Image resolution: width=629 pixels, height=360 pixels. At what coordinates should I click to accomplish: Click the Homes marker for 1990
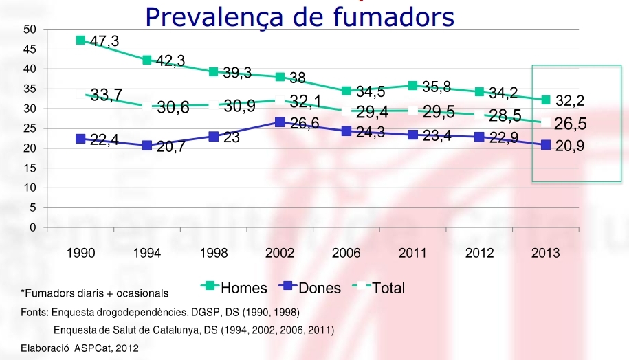pos(80,40)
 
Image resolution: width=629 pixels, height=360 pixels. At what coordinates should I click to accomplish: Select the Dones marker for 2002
pos(280,122)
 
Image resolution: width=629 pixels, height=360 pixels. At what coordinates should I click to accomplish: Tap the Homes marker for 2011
pos(413,86)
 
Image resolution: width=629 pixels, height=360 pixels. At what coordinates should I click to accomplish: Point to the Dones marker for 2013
pos(546,145)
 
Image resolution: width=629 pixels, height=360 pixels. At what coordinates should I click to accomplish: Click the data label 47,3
pos(104,42)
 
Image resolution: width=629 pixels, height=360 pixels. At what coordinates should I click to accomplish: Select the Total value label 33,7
pos(107,95)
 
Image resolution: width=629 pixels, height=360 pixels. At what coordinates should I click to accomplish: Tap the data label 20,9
pos(570,146)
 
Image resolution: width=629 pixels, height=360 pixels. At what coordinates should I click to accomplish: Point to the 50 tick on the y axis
pos(29,30)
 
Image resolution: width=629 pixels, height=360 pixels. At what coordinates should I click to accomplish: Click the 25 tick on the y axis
pos(29,128)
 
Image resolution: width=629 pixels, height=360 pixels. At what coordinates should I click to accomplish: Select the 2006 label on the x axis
pos(346,254)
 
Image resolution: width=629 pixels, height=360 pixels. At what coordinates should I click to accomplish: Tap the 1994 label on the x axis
pos(147,254)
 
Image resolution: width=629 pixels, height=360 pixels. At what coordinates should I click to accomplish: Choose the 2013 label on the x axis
pos(546,254)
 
